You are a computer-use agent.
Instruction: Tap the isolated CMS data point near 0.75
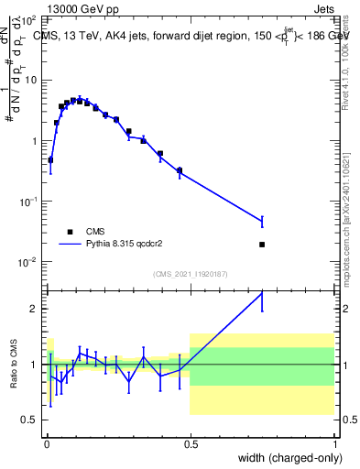262,245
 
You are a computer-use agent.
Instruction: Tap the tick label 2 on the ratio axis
35,309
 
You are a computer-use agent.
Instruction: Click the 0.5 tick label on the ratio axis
30,420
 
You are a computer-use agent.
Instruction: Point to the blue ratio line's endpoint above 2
262,293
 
